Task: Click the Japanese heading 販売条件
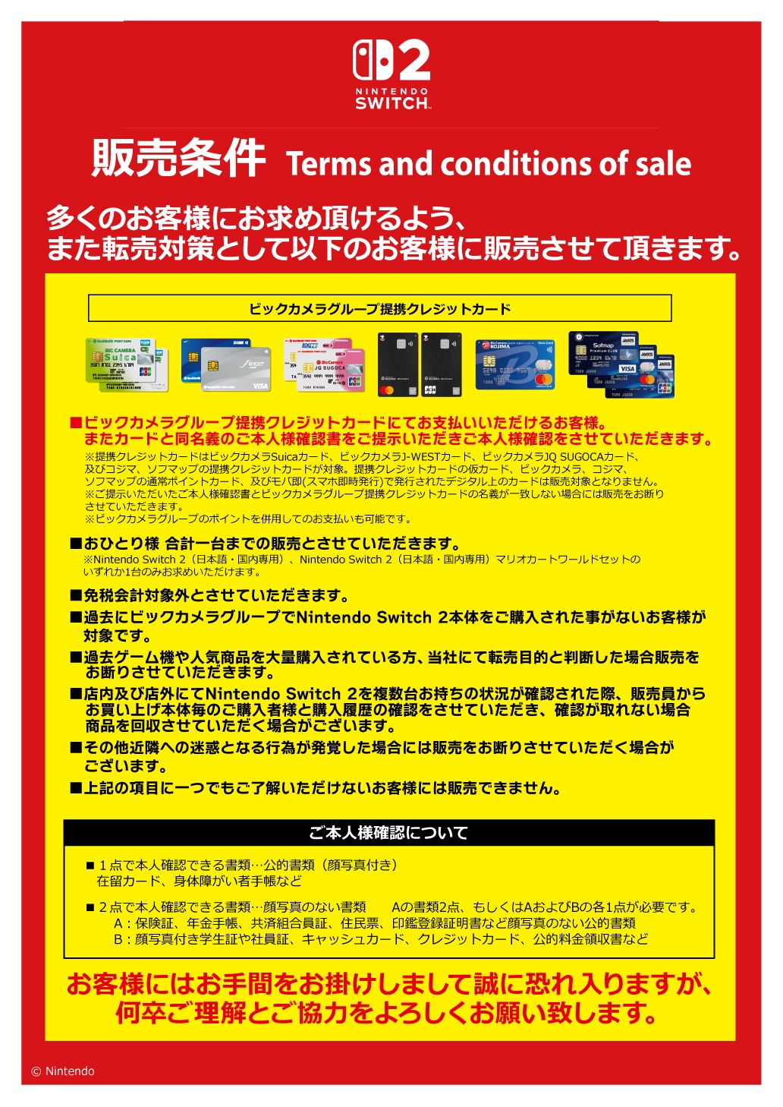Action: click(x=178, y=159)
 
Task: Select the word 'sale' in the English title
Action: click(x=663, y=164)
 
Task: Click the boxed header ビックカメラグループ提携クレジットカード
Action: click(x=379, y=308)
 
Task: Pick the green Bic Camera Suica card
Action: click(x=125, y=364)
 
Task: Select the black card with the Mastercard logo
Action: click(x=398, y=364)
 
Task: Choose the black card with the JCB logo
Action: click(x=441, y=364)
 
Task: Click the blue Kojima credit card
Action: click(x=515, y=364)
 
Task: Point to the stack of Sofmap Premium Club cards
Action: click(x=621, y=364)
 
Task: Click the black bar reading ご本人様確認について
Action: click(x=388, y=833)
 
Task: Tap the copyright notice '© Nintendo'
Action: click(x=63, y=1071)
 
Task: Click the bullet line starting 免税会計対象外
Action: click(x=209, y=595)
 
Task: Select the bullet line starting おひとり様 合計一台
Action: click(x=266, y=544)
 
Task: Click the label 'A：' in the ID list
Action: click(x=122, y=923)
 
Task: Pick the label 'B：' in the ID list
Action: click(x=122, y=939)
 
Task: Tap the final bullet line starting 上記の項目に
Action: click(x=316, y=788)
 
